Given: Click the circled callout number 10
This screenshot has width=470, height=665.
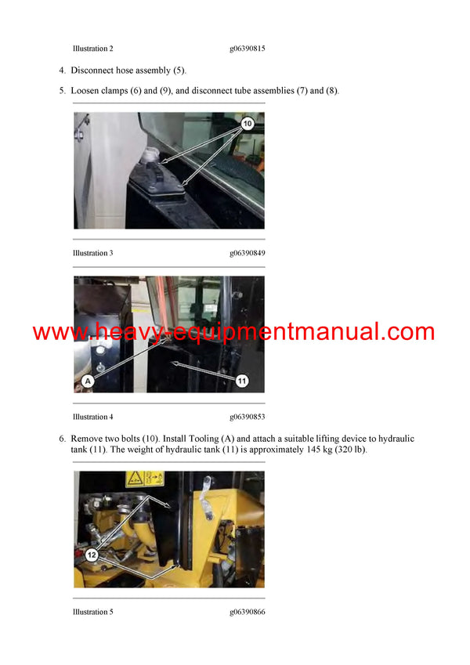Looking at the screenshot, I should click(x=247, y=124).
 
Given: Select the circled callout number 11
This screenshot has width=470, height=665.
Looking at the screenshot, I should click(x=241, y=380).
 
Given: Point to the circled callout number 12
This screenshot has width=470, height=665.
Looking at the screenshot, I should click(x=92, y=554).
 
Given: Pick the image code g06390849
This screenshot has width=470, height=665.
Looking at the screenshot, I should click(x=247, y=253).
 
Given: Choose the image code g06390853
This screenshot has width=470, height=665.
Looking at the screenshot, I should click(x=247, y=417).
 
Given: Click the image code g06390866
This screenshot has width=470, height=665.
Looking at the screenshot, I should click(x=247, y=612).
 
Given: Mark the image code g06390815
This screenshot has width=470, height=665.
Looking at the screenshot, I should click(x=247, y=49).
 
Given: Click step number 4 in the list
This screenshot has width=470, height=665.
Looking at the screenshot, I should click(x=62, y=70).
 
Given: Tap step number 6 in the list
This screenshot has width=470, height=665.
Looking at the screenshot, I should click(x=62, y=439).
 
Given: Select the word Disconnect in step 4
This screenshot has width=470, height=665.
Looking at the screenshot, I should click(x=91, y=70).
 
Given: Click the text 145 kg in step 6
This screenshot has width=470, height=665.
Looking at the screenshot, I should click(x=314, y=450).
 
